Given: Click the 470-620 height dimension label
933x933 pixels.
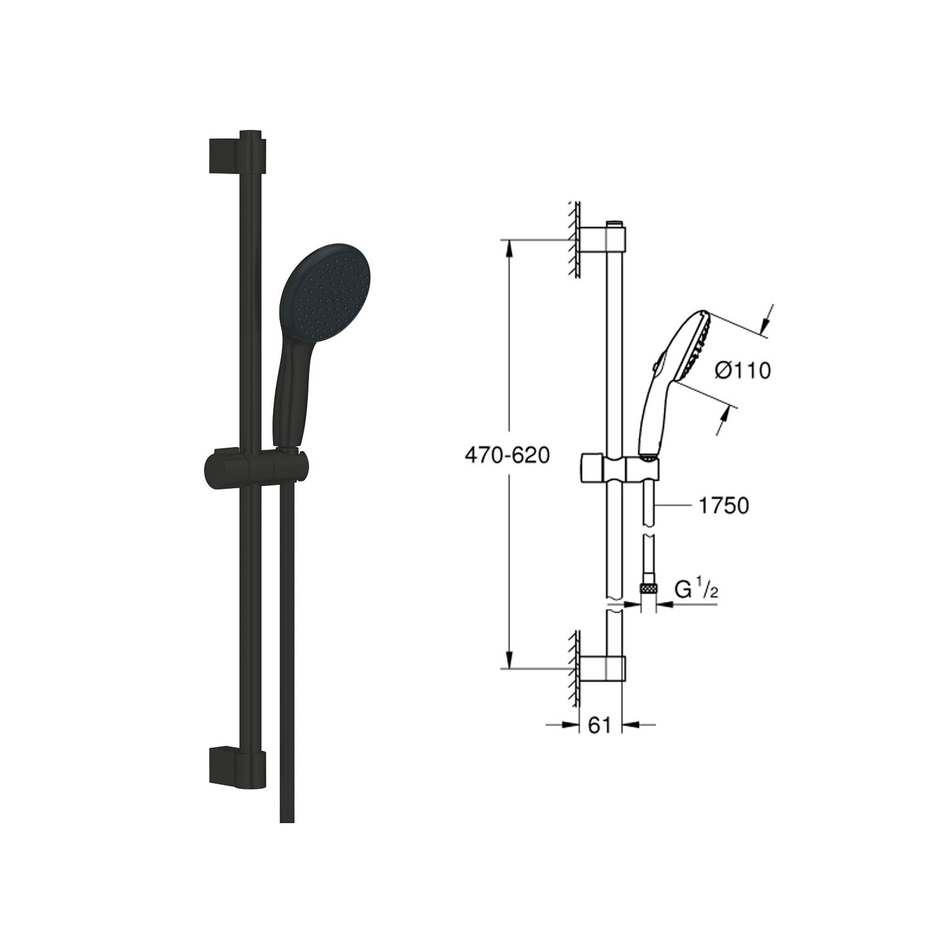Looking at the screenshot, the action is (507, 456).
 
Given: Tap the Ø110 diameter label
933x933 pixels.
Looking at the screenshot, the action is (743, 371).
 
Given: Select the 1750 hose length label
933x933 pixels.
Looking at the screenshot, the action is (723, 506).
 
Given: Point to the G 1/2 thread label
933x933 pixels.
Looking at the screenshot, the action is (697, 590).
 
